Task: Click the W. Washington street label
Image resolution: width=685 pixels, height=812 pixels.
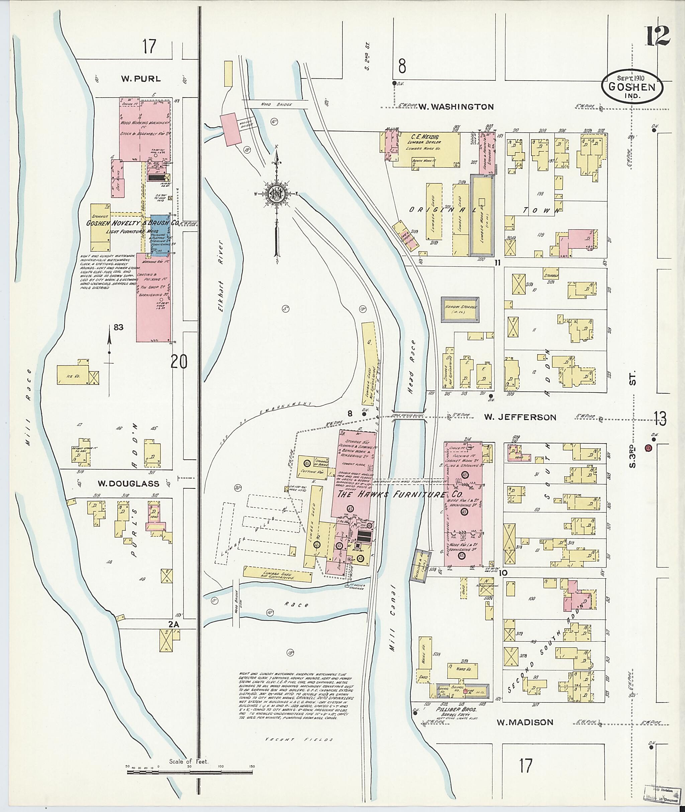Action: click(x=456, y=107)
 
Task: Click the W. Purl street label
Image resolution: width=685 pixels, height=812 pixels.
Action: click(x=140, y=79)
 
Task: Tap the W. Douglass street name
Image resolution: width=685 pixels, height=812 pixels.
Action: click(x=128, y=484)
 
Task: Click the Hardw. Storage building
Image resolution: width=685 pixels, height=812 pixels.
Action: click(x=460, y=309)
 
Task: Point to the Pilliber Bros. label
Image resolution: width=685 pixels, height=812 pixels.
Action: click(x=453, y=709)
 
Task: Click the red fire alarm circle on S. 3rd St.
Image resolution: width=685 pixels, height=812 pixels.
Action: click(x=648, y=448)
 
